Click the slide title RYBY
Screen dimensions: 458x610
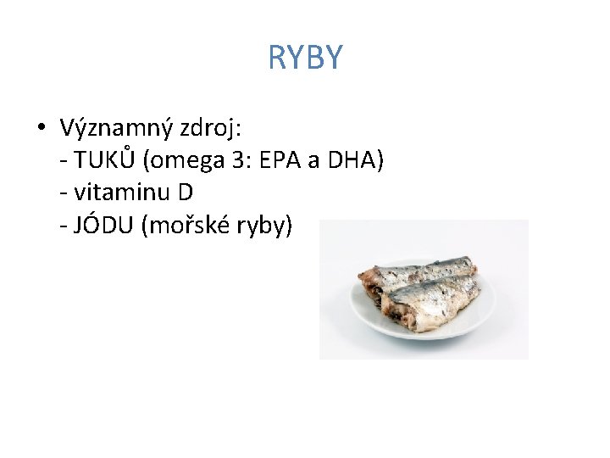tap(305, 58)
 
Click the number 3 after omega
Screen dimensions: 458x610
tap(240, 160)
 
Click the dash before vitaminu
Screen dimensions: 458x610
tap(65, 194)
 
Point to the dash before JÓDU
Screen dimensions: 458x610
tap(65, 226)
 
